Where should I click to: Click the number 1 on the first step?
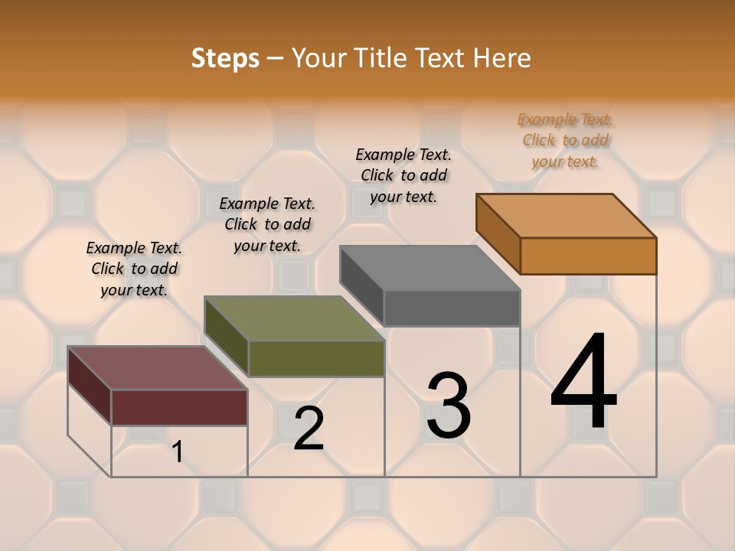tap(178, 452)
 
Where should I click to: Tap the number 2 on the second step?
tap(309, 429)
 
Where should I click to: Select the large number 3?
tap(448, 406)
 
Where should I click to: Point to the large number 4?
tap(583, 382)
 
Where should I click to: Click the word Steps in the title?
tap(225, 58)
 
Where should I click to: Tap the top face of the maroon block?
tap(157, 368)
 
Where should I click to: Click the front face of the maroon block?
tap(179, 407)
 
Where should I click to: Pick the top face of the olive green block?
tap(294, 318)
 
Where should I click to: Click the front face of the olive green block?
tap(315, 358)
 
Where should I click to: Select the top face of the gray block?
tap(430, 268)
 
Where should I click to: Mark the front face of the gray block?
tap(452, 308)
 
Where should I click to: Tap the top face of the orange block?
tap(566, 216)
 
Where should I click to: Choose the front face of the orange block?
tap(588, 256)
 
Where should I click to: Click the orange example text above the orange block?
tap(566, 140)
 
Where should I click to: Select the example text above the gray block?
tap(403, 175)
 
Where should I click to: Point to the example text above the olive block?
tap(267, 224)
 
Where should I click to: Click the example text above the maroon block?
tap(134, 269)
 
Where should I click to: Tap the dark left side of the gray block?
tap(361, 287)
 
